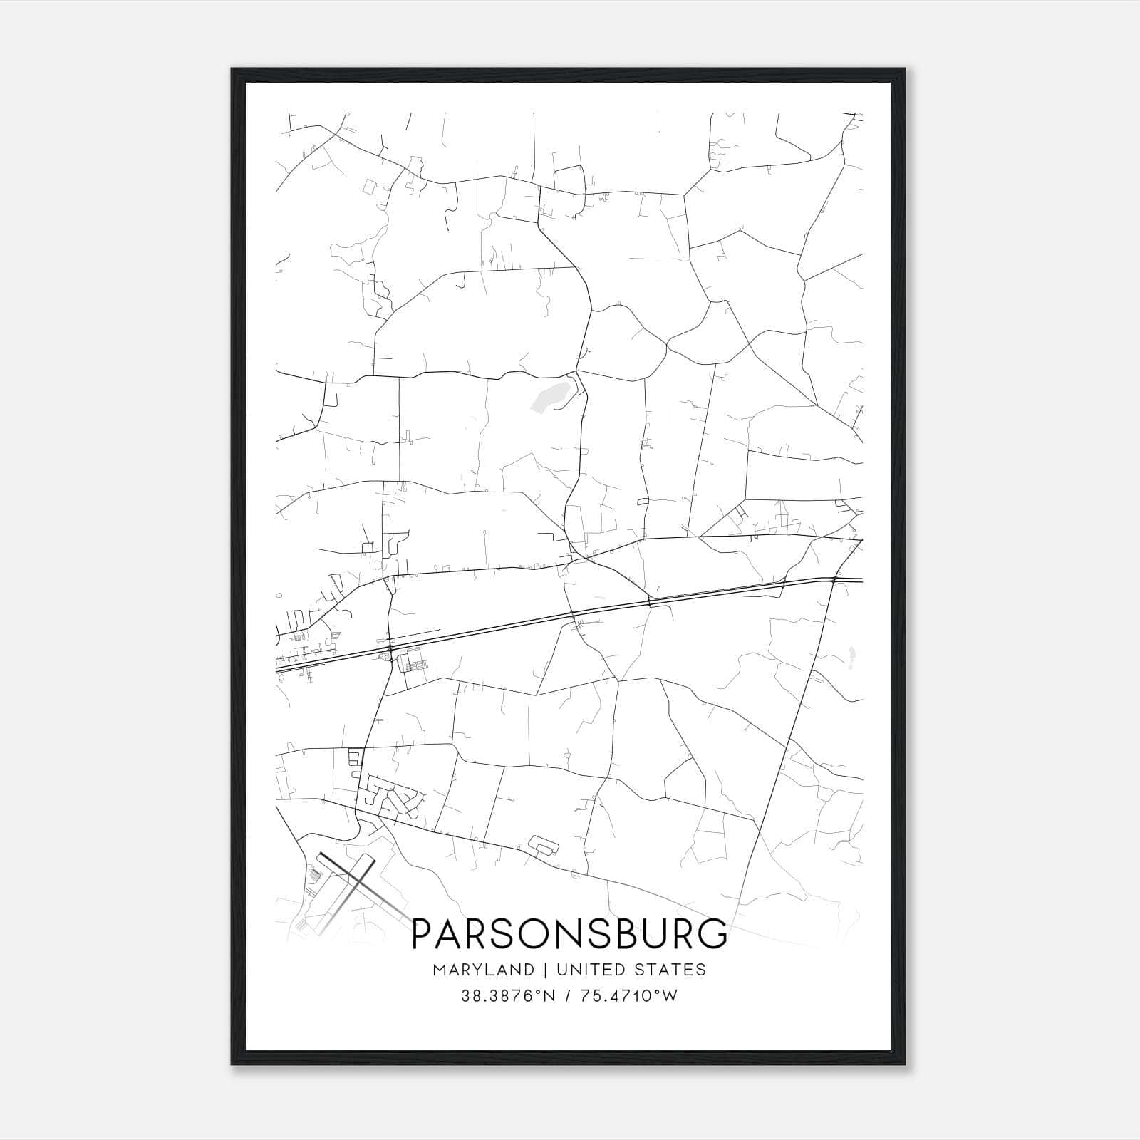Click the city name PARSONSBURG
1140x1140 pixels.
coord(570,933)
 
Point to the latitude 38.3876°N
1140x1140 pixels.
coord(507,996)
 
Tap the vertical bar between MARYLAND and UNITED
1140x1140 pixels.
coord(545,970)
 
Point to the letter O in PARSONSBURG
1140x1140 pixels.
coord(524,933)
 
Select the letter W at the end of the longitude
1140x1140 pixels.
coord(670,996)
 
